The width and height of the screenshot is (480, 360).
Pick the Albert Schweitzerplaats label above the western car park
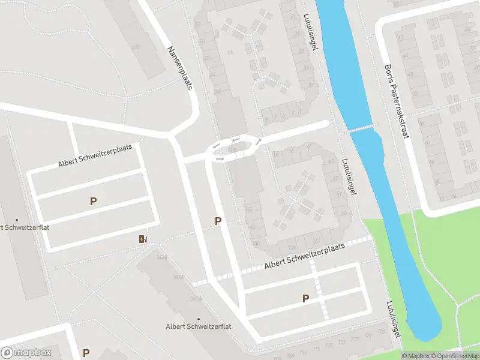tap(95, 156)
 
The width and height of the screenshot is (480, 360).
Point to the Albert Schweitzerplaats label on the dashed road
tap(305, 257)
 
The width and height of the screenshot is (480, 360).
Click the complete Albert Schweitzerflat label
tap(198, 326)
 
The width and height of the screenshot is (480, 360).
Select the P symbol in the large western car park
tap(93, 202)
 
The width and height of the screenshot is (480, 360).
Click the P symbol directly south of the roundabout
tap(218, 221)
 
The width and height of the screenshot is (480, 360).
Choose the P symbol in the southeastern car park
tap(305, 298)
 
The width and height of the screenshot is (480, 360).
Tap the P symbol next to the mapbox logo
tap(86, 353)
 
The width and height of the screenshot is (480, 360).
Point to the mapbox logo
tap(25, 353)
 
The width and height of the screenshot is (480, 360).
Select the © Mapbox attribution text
tap(415, 356)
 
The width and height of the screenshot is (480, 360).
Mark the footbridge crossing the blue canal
tap(362, 128)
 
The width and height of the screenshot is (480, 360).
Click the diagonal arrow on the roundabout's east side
tap(258, 143)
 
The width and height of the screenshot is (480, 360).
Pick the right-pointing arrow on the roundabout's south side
tap(220, 159)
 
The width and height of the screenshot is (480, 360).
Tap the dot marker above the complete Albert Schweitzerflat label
tap(198, 319)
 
